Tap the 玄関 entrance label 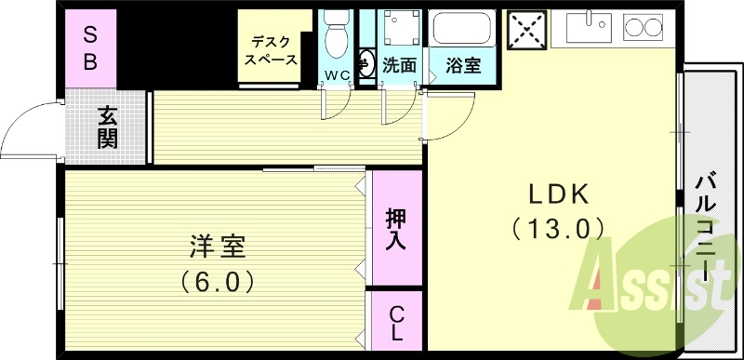pos(108,127)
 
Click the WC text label pos(336,73)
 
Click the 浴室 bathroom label pos(462,66)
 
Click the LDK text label pos(559,193)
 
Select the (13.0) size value pos(558,226)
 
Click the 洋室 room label pos(217,247)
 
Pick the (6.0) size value pos(217,278)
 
